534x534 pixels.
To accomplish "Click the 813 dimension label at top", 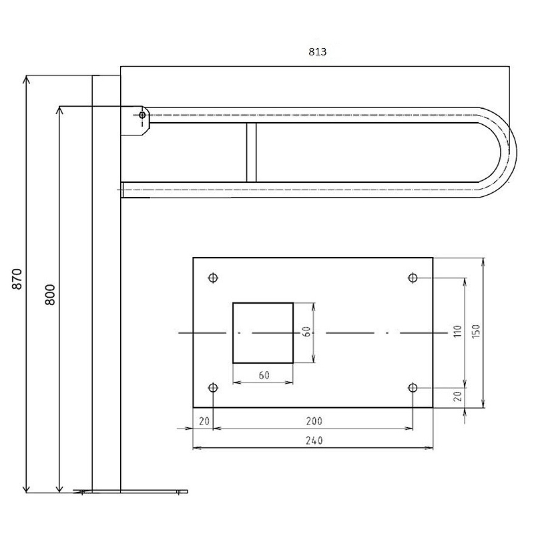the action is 318,52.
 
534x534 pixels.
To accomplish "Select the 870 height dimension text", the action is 17,279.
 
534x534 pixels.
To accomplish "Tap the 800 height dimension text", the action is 50,294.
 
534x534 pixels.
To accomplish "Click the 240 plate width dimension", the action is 314,441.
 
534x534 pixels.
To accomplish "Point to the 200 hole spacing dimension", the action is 314,421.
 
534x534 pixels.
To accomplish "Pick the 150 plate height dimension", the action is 476,331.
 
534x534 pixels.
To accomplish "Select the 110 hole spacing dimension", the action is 457,331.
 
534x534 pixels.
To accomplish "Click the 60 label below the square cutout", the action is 264,375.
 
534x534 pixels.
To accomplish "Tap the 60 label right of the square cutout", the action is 306,332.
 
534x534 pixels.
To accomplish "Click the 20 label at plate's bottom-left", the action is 204,421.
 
